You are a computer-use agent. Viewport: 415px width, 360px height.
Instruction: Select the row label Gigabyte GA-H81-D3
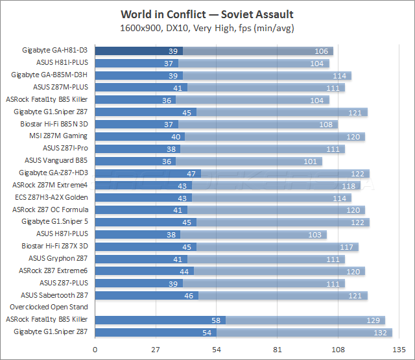coord(56,51)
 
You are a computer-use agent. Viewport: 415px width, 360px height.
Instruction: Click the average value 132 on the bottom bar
coord(381,332)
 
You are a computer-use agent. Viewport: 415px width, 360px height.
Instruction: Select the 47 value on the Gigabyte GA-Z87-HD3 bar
coord(191,173)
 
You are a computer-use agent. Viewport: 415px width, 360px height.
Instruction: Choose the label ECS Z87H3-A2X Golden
coord(51,197)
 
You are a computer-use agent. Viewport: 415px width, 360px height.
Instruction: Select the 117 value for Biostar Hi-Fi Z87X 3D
coord(348,246)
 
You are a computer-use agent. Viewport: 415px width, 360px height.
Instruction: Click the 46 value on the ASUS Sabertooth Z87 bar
coord(188,295)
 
